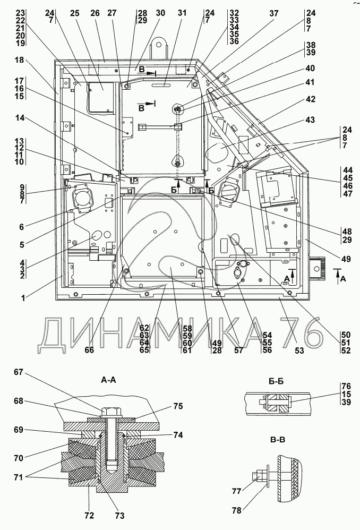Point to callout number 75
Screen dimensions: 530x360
[177, 406]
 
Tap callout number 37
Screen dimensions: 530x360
[273, 13]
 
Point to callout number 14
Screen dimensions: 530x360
[20, 121]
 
